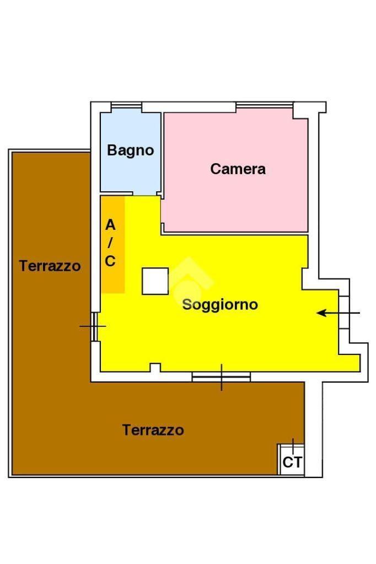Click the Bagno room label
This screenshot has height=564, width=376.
click(x=130, y=151)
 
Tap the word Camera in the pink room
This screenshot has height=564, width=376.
click(x=238, y=169)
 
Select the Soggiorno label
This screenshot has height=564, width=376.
click(x=220, y=305)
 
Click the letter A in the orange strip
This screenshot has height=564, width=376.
click(x=110, y=225)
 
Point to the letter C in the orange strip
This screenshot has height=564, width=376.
click(x=110, y=261)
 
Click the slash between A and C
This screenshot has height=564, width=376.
click(x=110, y=243)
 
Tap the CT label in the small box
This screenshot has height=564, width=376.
click(x=292, y=462)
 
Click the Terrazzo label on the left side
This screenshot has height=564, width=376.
click(x=50, y=266)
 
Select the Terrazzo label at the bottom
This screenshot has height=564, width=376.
click(x=153, y=430)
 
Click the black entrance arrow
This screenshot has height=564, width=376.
click(x=338, y=313)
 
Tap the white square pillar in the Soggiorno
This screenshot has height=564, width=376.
click(x=155, y=281)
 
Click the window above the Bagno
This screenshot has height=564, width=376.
click(x=126, y=105)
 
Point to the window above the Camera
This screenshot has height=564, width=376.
click(x=265, y=105)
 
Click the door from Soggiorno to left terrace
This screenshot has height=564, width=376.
click(x=95, y=326)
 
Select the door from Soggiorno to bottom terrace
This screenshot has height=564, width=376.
click(x=221, y=377)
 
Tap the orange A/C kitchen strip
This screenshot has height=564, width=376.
click(x=112, y=244)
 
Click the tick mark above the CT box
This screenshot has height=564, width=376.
click(x=293, y=447)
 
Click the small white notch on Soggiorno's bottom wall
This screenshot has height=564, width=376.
click(x=155, y=367)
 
